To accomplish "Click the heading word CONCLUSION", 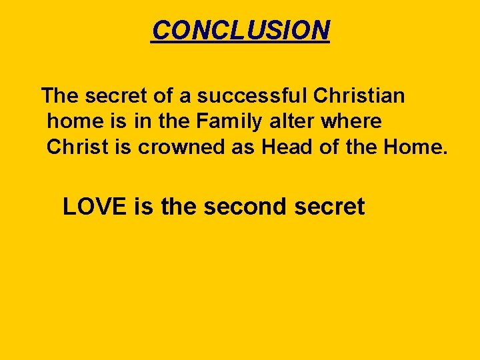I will point(240,29).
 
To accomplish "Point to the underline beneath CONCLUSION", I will point(240,42).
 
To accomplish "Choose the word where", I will point(353,122).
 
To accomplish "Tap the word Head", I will point(287,147).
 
